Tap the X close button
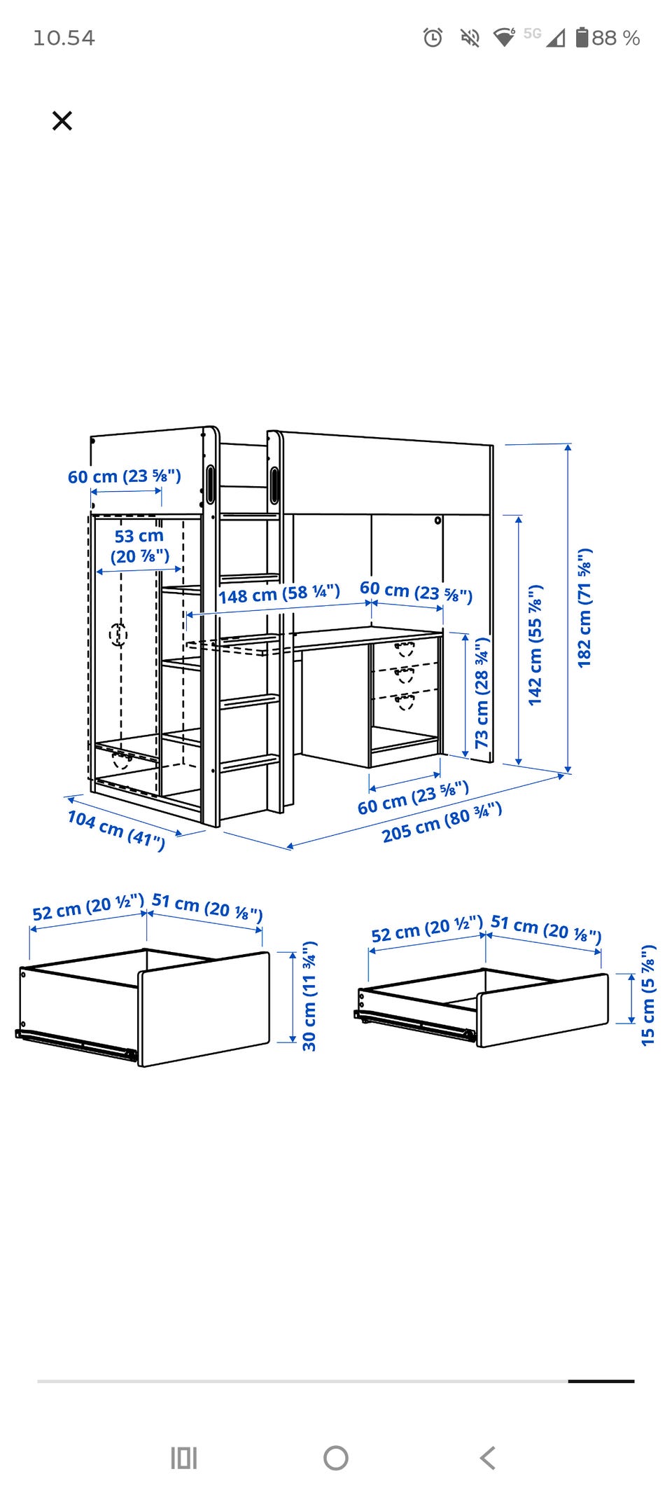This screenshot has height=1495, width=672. coord(62,120)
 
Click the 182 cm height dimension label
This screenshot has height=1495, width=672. coord(584,607)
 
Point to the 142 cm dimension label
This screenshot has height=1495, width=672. coord(535,644)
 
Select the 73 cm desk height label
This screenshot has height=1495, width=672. coord(482,692)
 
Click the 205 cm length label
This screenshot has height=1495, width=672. coord(442,822)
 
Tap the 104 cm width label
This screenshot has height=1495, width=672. coord(116,829)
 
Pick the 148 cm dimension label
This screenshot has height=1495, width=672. coord(279,594)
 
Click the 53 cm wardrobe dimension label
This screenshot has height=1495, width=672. coord(139,546)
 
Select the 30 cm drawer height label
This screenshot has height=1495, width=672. coord(309,995)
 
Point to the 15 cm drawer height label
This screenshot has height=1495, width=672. coord(648,995)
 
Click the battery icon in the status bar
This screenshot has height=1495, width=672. coord(582,37)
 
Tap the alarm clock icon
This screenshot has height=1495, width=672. coord(433,37)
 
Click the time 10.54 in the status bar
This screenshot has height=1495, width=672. coord(64,38)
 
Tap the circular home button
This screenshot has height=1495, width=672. coord(336,1458)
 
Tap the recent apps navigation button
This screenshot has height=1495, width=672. coord(184,1458)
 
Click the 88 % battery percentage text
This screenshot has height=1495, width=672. coord(616,38)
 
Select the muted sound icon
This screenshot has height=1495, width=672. coord(470,37)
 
